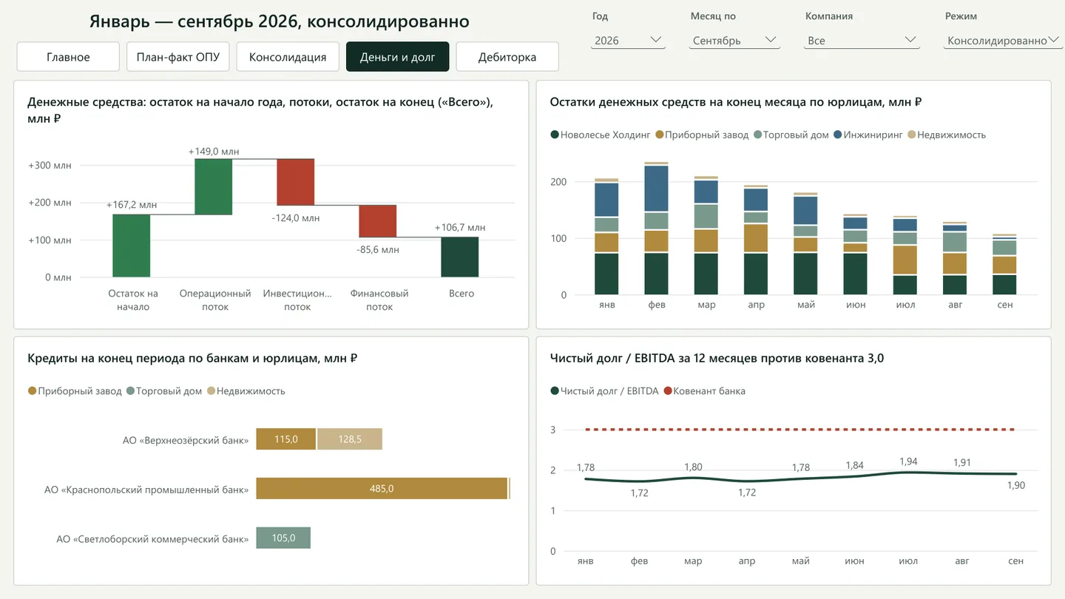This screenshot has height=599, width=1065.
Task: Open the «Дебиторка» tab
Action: [x=507, y=57]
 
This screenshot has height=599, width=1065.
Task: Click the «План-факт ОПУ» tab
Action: [x=177, y=57]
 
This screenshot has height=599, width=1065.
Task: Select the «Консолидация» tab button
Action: [x=288, y=57]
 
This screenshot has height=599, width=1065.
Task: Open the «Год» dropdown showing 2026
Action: [x=628, y=41]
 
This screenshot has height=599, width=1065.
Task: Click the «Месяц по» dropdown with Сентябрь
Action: [x=734, y=41]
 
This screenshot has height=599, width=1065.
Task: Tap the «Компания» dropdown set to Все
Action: [x=862, y=41]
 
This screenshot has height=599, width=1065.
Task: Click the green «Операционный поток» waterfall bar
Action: [x=214, y=187]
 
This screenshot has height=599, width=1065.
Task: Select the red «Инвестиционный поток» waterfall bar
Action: [x=296, y=182]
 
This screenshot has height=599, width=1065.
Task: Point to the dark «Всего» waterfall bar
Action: [x=460, y=257]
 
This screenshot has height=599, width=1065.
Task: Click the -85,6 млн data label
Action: [x=378, y=250]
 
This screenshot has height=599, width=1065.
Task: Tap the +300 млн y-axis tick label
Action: [x=50, y=166]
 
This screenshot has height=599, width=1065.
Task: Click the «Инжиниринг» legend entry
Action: [x=868, y=135]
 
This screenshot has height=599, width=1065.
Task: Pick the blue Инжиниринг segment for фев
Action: [x=656, y=189]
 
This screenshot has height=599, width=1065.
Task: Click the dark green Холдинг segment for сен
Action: [x=1004, y=285]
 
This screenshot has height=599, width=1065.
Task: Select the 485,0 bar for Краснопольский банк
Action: [x=382, y=488]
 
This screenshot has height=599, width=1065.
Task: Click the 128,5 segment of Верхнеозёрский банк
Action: [x=350, y=439]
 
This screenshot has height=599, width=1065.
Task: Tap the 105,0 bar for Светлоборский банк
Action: [x=283, y=538]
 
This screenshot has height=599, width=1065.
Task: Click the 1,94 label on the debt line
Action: [x=908, y=461]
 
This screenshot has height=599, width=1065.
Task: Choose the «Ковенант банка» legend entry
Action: [x=705, y=390]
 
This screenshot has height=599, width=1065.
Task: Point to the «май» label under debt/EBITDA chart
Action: [x=801, y=561]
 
